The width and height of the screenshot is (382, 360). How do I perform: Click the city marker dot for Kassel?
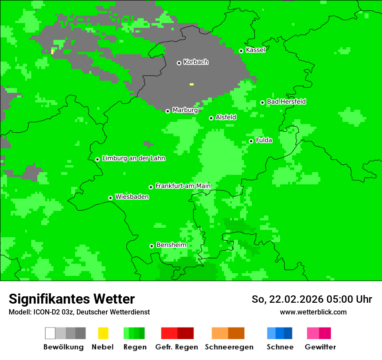point(241,51)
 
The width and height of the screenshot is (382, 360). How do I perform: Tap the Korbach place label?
point(196,62)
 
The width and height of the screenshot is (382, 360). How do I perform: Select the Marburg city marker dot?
point(168,111)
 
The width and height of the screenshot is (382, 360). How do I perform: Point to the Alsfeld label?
point(226,118)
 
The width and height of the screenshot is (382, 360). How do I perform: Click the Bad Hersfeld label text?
point(286,102)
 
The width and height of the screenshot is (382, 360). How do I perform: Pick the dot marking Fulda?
point(251,141)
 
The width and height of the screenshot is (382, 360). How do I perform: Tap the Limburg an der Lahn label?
point(133,158)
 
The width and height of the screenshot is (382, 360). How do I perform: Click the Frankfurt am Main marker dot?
point(151,187)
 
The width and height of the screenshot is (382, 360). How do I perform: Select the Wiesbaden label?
point(132,197)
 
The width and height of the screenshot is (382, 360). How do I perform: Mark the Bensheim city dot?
point(151,246)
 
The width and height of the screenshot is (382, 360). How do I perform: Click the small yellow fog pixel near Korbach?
point(191,84)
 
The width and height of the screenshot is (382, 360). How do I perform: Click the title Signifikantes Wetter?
point(72,299)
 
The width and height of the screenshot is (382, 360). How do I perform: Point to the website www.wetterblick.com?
point(313,312)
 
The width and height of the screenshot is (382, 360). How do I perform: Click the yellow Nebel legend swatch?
point(103,333)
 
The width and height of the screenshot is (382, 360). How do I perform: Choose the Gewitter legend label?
point(320,347)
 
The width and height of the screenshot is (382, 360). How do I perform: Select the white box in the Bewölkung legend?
point(50,333)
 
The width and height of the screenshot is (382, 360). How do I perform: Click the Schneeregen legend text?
point(229,347)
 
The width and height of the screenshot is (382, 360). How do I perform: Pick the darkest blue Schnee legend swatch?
point(288,333)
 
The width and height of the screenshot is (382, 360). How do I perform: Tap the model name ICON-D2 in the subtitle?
point(45,312)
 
